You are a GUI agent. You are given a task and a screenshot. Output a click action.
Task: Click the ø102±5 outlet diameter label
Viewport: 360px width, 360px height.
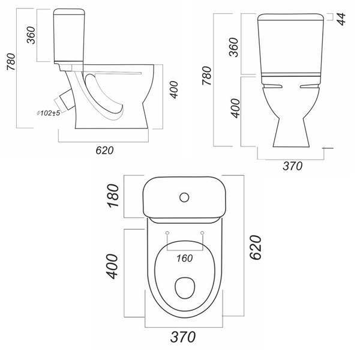click(49, 113)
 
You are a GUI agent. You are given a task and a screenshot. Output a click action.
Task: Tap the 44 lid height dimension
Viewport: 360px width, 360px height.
click(341, 19)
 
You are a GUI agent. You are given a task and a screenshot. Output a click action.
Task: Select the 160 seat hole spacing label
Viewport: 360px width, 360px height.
click(185, 259)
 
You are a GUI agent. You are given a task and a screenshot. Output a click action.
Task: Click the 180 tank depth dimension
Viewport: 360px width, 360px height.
click(113, 196)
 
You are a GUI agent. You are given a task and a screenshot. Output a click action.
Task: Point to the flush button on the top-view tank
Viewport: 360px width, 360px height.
click(184, 197)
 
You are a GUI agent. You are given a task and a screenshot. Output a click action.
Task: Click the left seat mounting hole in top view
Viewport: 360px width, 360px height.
click(167, 233)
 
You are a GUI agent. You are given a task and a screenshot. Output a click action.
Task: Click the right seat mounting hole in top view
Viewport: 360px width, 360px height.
click(202, 233)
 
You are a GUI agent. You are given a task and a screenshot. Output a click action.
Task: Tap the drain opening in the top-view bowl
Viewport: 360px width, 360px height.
click(185, 288)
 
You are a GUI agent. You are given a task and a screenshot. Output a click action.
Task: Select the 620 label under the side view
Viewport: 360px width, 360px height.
click(104, 151)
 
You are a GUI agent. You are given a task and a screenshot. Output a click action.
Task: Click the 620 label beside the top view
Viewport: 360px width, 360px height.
click(256, 247)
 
